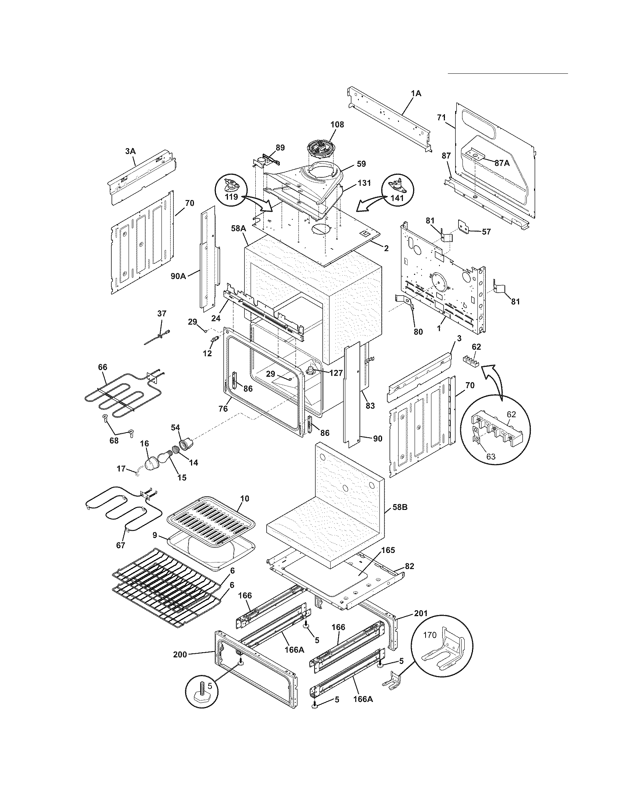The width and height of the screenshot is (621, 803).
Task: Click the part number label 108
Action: click(337, 124)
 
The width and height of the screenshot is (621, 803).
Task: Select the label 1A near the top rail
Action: click(416, 93)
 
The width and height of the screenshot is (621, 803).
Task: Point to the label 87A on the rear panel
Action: click(502, 163)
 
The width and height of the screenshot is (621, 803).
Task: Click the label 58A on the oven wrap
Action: click(238, 228)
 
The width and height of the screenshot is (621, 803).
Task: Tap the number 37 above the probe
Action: click(161, 313)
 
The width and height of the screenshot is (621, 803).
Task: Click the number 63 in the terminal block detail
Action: click(491, 457)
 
